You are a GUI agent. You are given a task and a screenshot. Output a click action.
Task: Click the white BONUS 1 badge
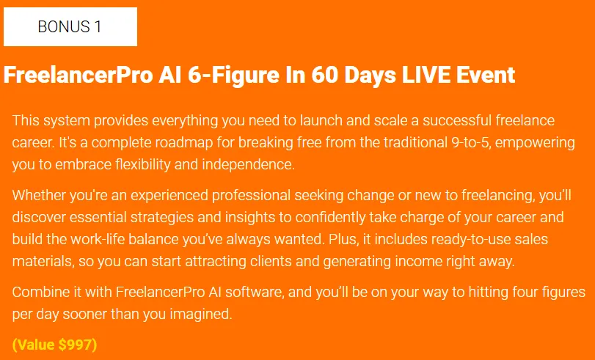70,27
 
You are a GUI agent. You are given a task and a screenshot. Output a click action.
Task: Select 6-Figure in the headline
233,76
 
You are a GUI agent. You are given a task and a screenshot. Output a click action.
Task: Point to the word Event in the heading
486,75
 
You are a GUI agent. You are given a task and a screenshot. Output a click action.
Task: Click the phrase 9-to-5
471,143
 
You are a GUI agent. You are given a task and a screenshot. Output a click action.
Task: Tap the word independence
248,165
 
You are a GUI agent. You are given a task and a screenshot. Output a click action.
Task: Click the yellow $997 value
75,345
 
